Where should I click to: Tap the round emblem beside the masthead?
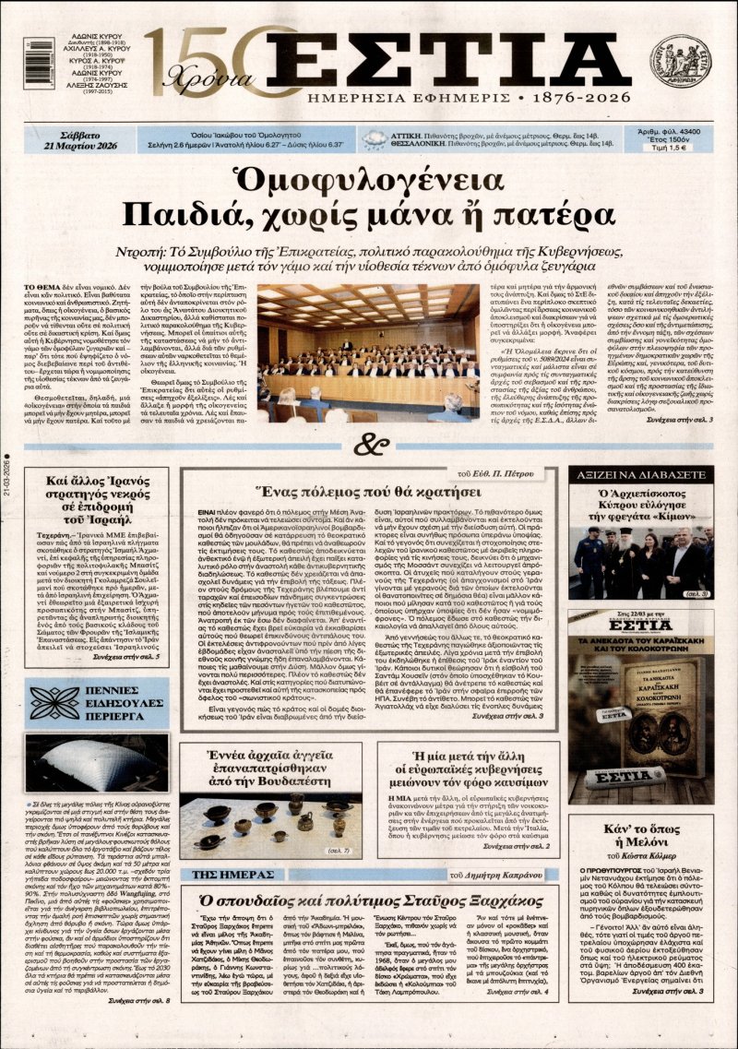[679, 62]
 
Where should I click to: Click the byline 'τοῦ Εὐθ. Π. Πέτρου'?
[506, 476]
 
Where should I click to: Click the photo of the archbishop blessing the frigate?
[642, 563]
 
